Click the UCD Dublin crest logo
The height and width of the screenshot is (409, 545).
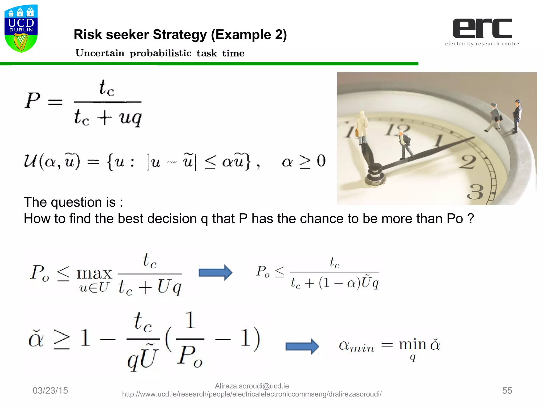tap(21, 28)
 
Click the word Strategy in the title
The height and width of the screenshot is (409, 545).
tap(180, 35)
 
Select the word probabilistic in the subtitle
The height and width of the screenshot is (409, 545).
tap(160, 53)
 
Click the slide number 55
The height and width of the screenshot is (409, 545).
tap(507, 390)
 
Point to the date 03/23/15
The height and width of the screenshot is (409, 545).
tap(50, 390)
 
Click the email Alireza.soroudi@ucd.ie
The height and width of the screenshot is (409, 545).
tap(252, 386)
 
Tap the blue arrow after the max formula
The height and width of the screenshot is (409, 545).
tap(215, 272)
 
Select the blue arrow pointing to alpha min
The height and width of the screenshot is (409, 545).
tap(302, 346)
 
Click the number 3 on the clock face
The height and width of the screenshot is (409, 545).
tap(475, 191)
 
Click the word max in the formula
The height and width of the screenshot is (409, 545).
tap(94, 273)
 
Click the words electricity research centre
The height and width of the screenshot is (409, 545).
tap(482, 44)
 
